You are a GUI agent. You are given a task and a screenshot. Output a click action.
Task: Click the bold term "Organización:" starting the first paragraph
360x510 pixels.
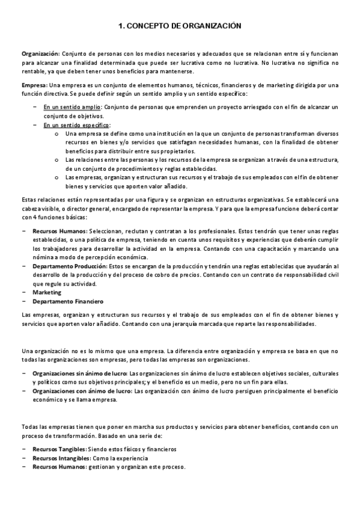click(x=40, y=54)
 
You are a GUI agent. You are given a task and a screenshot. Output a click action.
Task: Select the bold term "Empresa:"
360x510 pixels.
click(x=33, y=85)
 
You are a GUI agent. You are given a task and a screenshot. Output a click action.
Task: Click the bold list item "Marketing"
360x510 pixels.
click(x=47, y=292)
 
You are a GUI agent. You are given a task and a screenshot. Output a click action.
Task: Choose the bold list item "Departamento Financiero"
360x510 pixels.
click(x=68, y=301)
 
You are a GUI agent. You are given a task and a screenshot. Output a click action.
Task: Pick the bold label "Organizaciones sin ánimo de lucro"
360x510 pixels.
click(x=80, y=373)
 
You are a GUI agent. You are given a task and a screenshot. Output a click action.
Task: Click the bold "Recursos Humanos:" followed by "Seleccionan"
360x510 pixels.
click(x=59, y=231)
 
